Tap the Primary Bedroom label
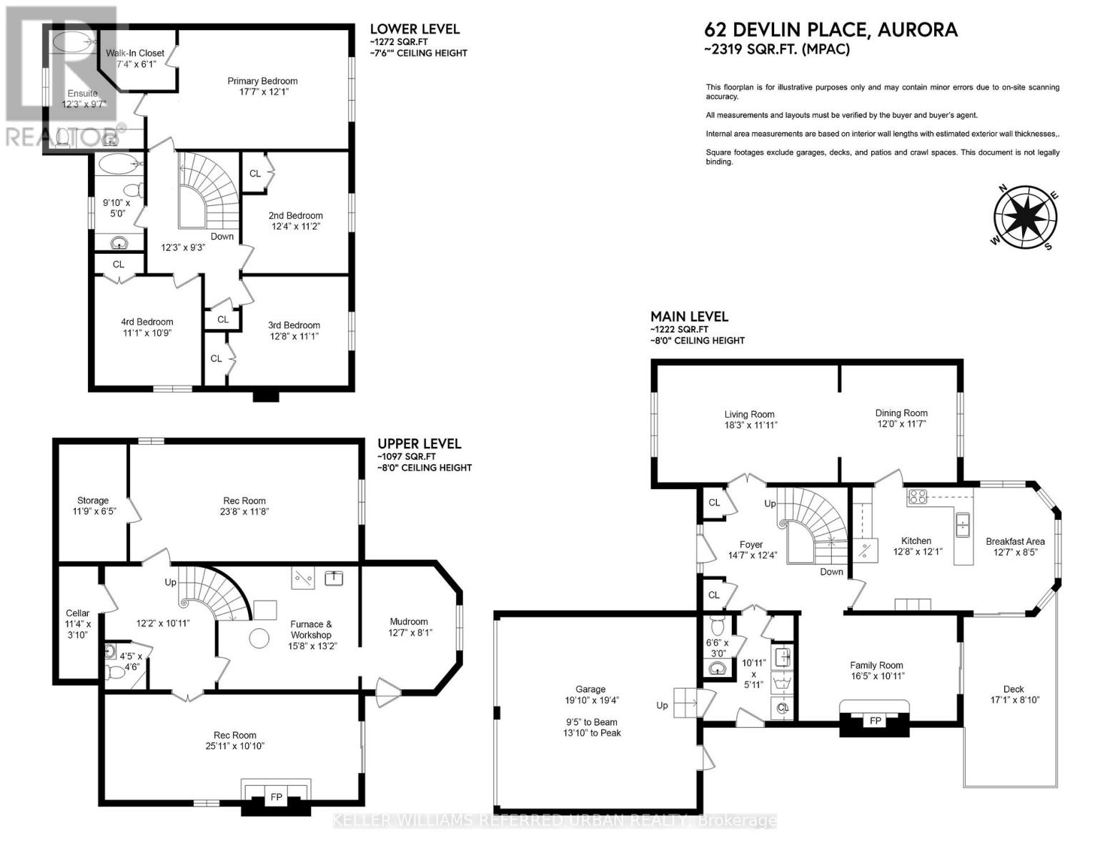(262, 81)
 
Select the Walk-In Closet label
(135, 53)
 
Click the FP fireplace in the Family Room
(875, 721)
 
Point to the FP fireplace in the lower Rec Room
(276, 797)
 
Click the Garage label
(591, 689)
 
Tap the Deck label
(1014, 689)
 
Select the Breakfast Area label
(1015, 541)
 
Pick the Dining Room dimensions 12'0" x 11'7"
(901, 424)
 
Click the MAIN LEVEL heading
(689, 316)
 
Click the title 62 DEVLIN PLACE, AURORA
(831, 29)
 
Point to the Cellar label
(77, 613)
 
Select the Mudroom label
(409, 621)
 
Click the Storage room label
(93, 500)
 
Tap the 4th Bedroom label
(147, 322)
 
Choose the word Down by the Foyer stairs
(831, 572)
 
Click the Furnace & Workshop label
(311, 629)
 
